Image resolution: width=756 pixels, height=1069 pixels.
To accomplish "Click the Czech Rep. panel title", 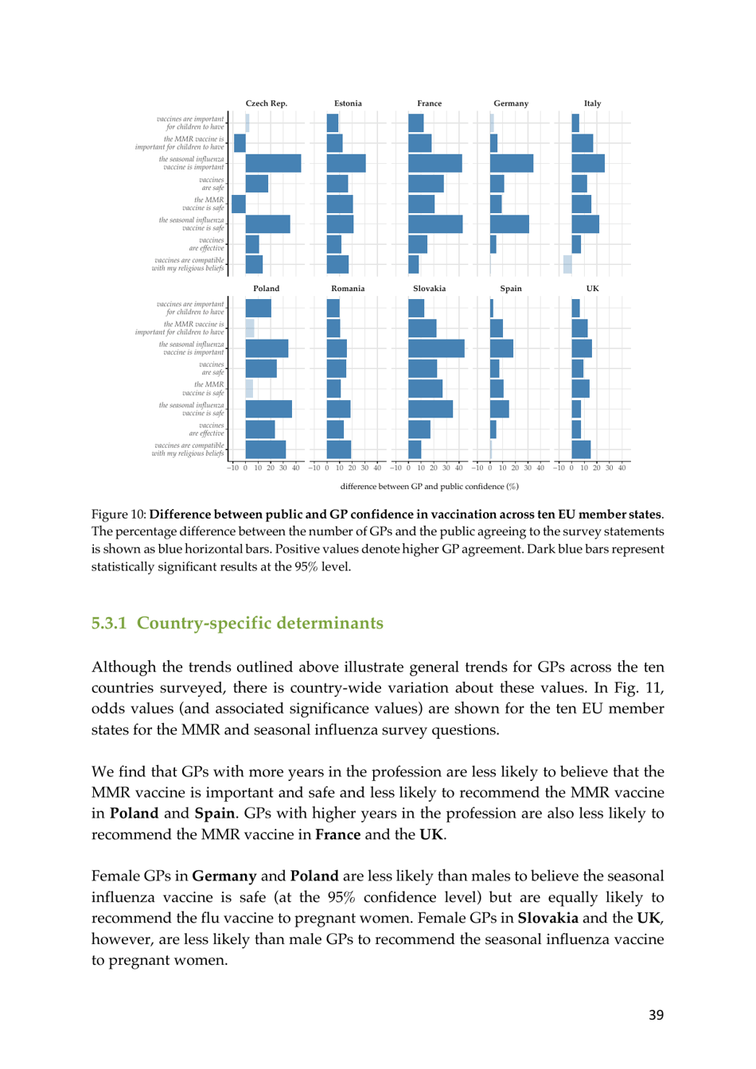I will pos(266,103).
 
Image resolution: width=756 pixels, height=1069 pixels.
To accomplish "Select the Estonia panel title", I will pos(348,103).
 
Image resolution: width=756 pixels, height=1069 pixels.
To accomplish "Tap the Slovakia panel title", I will pos(429,289).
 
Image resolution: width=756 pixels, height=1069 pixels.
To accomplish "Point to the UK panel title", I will pos(592,289).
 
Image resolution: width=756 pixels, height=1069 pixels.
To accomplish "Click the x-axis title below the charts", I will pos(429,487).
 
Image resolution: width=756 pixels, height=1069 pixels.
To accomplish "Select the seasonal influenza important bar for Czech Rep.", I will pos(273,163).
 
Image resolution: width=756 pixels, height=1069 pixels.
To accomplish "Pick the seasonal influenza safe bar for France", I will pos(435,224).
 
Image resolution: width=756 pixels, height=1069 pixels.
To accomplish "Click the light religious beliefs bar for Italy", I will pos(567,264).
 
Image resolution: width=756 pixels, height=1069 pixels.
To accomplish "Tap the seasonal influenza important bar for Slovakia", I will pos(436,348).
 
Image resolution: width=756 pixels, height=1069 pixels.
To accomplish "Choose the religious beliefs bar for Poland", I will pos(265,449).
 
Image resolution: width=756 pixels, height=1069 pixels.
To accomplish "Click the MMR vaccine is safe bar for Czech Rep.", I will pos(239,204).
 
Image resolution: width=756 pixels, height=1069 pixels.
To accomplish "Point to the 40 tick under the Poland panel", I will pos(296,468).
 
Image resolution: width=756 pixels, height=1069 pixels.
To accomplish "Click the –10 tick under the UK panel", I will pos(559,468).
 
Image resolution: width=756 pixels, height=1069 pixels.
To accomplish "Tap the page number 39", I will pos(656,1015).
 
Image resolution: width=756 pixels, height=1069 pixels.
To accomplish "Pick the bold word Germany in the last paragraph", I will pos(224,876).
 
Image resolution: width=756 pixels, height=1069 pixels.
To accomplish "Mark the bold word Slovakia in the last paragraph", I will pos(548,918).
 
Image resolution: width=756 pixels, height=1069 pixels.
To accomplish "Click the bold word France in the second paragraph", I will pos(337,834).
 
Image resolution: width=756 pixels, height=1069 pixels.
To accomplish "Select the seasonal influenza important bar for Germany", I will pos(512,163).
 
